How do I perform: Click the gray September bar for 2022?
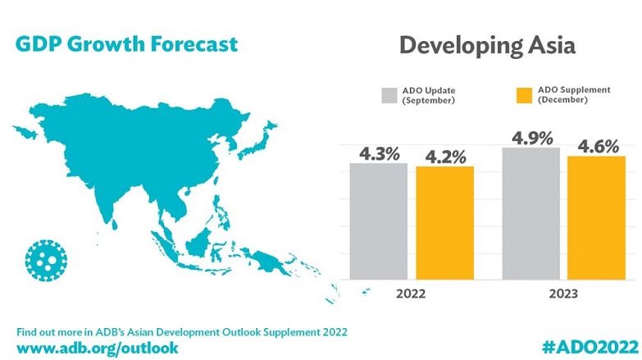tap(379, 221)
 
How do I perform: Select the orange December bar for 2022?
tap(445, 223)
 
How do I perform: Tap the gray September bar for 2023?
tap(530, 214)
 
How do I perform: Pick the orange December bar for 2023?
tap(597, 217)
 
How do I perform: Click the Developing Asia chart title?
tap(487, 45)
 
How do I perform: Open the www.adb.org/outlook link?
tap(97, 347)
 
